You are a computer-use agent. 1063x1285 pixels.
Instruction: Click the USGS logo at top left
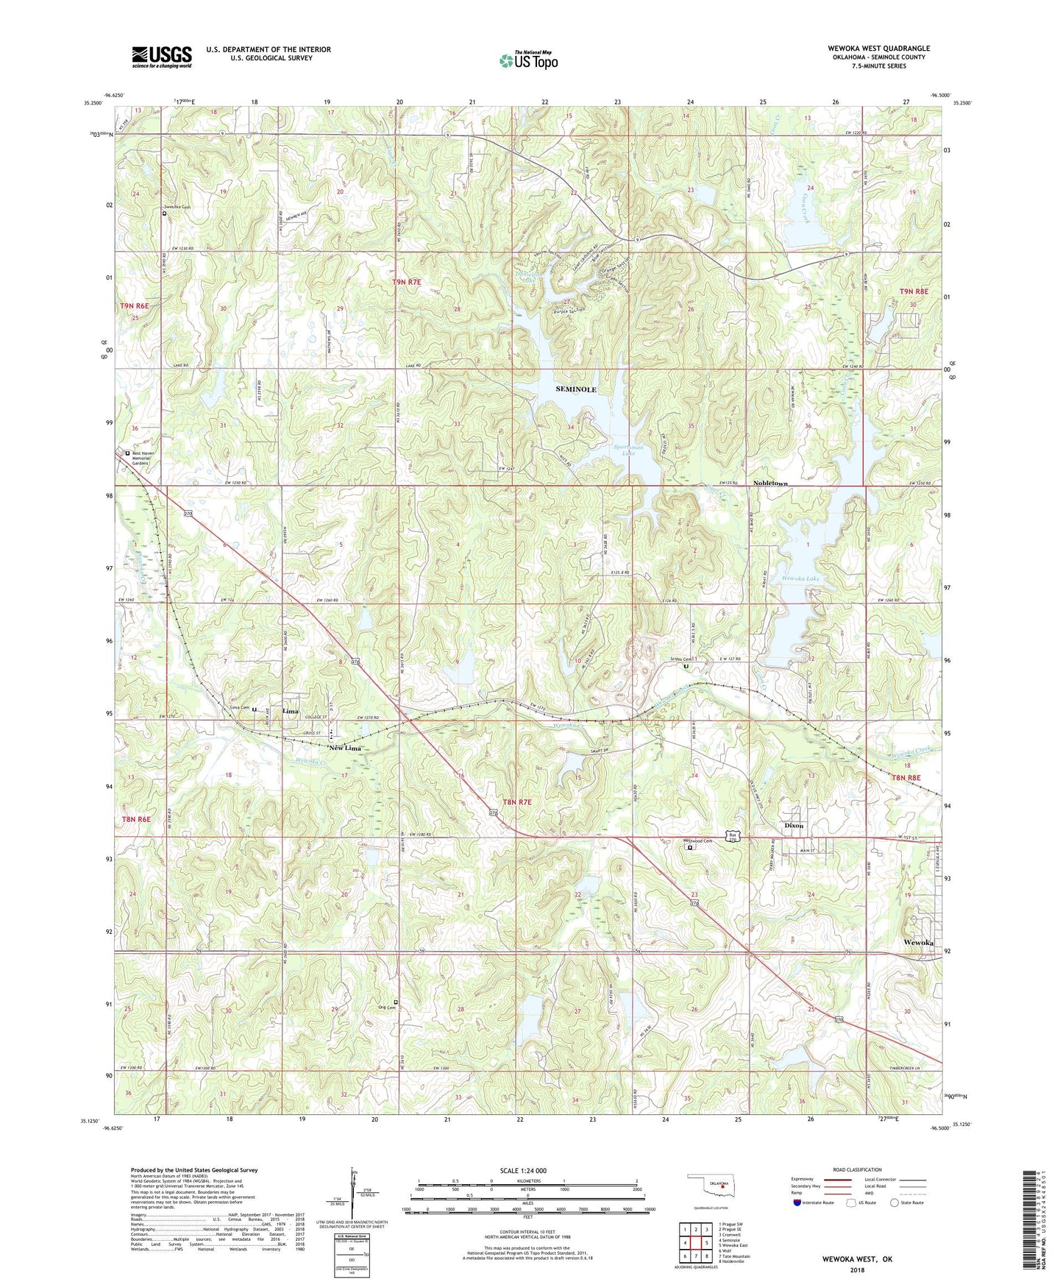[x=162, y=57]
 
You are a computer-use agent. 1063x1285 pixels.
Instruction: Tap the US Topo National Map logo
[x=528, y=60]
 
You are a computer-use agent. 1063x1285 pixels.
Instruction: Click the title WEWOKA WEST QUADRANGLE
[x=878, y=49]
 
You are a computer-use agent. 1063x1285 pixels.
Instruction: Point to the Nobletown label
[x=770, y=484]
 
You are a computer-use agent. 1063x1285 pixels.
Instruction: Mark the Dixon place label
[x=794, y=826]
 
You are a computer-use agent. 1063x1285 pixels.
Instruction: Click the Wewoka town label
[x=919, y=943]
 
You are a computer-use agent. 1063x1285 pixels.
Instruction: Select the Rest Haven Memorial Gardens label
[x=141, y=458]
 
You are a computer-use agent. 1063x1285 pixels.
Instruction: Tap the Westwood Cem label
[x=698, y=841]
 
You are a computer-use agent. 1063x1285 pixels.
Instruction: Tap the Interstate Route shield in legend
[x=797, y=1203]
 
